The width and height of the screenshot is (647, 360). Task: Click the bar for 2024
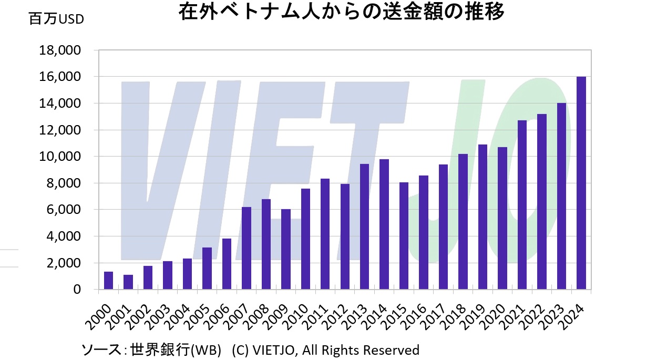tap(581, 183)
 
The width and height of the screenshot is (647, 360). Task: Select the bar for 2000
tap(108, 280)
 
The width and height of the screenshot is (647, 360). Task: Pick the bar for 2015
tap(404, 235)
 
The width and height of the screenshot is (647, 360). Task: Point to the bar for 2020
tap(502, 218)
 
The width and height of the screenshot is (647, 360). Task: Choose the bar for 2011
tap(325, 234)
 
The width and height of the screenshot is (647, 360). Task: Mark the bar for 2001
tap(128, 282)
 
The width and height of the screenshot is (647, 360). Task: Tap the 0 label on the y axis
tap(77, 290)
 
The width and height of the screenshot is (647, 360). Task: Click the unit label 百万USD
tap(56, 19)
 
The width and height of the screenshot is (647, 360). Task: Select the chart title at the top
tap(342, 12)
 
